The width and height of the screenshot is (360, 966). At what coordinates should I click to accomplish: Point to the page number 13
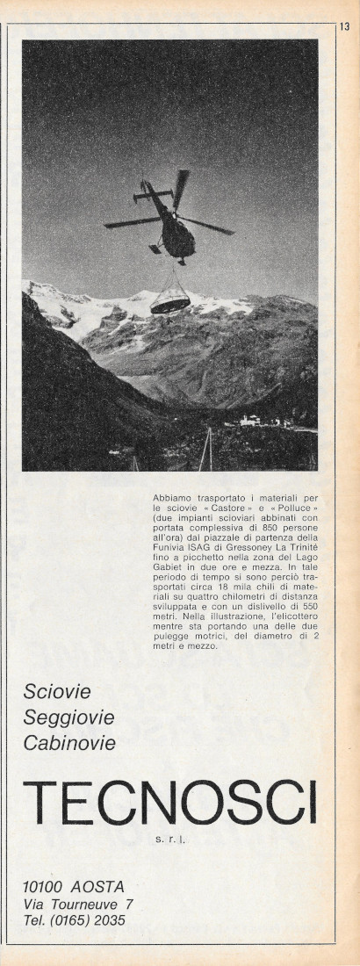pyautogui.click(x=344, y=27)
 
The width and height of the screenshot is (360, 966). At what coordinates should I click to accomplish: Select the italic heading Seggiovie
pyautogui.click(x=69, y=717)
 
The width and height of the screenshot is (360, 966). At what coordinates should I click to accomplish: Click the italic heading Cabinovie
pyautogui.click(x=70, y=744)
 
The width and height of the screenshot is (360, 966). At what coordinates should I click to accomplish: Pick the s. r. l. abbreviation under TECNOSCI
pyautogui.click(x=171, y=839)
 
